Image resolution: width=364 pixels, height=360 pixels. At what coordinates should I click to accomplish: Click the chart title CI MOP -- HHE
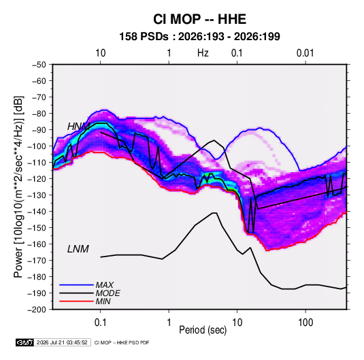[x=199, y=19]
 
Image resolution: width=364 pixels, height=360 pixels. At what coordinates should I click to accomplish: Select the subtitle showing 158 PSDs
[x=199, y=37]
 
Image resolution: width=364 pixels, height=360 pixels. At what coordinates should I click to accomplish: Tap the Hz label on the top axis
[x=203, y=53]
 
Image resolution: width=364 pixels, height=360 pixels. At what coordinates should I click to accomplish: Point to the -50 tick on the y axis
[x=39, y=65]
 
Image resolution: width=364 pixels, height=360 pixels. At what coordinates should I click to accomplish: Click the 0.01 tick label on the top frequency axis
[x=305, y=53]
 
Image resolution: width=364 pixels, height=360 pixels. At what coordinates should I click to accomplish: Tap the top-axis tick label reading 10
[x=101, y=53]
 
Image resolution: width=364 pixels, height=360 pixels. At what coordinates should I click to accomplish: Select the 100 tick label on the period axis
[x=305, y=323]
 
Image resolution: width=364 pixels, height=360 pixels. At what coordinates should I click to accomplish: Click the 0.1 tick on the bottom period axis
[x=100, y=323]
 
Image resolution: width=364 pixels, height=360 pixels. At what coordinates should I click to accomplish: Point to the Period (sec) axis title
[x=203, y=330]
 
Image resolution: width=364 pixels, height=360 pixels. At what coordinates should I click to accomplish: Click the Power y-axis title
[x=18, y=186]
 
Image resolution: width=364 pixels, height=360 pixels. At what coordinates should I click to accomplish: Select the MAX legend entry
[x=105, y=284]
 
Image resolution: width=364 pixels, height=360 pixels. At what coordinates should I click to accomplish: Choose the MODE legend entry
[x=107, y=293]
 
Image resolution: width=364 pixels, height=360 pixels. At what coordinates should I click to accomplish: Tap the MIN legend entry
[x=103, y=301]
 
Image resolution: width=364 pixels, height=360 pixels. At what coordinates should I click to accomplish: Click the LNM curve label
[x=78, y=249]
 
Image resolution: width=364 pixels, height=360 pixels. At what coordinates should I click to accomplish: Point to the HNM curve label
[x=79, y=127]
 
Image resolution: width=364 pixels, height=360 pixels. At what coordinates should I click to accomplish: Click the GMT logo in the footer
[x=24, y=342]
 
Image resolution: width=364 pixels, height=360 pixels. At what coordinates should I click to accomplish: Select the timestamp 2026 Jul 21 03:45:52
[x=62, y=342]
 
